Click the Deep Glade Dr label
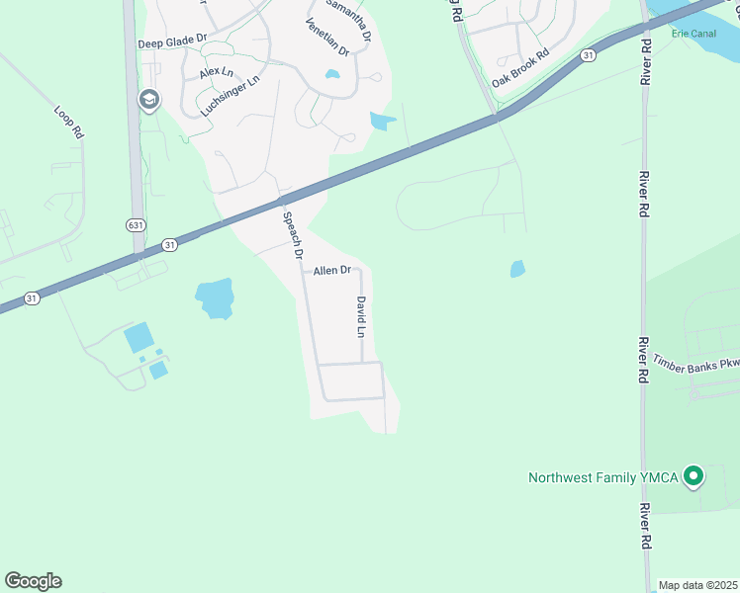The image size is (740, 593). tap(172, 42)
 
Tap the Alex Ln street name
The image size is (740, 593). tap(216, 72)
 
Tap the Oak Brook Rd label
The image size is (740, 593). tap(520, 68)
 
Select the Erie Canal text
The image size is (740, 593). tap(693, 33)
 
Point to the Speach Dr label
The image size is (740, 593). tap(291, 235)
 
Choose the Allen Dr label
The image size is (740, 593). tap(332, 270)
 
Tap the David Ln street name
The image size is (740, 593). tap(361, 316)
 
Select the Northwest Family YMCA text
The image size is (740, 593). tap(602, 477)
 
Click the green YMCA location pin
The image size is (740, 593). tap(694, 476)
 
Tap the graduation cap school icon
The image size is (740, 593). tap(149, 100)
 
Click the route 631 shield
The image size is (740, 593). tap(137, 225)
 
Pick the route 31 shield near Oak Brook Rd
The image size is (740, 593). tap(589, 55)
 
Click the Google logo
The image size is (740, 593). tap(33, 581)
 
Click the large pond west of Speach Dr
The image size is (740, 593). tap(215, 296)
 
